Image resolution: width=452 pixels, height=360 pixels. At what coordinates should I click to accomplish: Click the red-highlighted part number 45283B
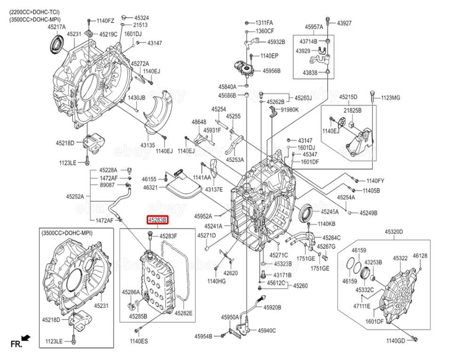[157, 221]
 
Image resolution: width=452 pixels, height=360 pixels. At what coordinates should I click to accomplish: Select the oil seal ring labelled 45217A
[57, 44]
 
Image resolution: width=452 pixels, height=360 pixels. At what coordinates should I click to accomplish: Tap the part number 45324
[142, 18]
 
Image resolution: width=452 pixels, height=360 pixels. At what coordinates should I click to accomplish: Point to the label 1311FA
[264, 23]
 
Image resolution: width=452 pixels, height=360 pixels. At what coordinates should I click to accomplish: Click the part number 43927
[344, 23]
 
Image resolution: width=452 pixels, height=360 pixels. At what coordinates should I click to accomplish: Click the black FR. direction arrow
[25, 337]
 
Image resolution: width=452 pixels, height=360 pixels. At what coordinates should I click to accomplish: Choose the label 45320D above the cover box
[394, 232]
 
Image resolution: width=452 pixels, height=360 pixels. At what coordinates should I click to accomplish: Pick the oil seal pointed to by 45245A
[306, 213]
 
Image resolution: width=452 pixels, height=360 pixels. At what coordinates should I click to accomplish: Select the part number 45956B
[271, 71]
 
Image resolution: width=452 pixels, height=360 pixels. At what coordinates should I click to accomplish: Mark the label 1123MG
[391, 98]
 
